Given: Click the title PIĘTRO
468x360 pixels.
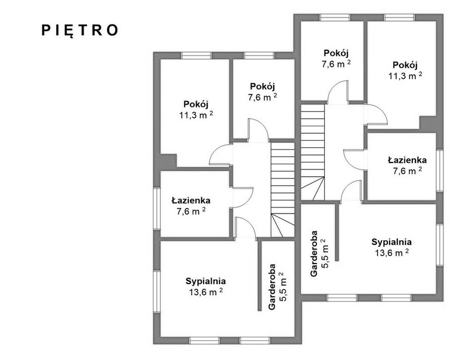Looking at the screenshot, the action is pyautogui.click(x=80, y=30).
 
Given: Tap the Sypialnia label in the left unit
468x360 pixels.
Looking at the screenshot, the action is pyautogui.click(x=206, y=281).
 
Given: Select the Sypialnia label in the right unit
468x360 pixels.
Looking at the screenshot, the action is pyautogui.click(x=391, y=242).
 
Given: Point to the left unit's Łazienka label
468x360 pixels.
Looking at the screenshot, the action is pyautogui.click(x=191, y=200).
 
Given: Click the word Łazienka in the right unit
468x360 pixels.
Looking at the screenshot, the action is pyautogui.click(x=407, y=160).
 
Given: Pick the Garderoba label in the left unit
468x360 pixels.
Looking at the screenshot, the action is pyautogui.click(x=272, y=287).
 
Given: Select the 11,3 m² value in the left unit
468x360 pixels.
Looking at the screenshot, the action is pyautogui.click(x=196, y=115).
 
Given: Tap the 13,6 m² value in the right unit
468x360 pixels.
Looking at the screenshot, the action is pyautogui.click(x=391, y=252).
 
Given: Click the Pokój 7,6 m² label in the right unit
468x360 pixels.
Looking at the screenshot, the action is pyautogui.click(x=336, y=58).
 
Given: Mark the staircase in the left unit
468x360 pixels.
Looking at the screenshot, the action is pyautogui.click(x=283, y=189).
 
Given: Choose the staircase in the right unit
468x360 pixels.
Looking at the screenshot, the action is pyautogui.click(x=312, y=152).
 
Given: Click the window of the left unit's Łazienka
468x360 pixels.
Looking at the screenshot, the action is pyautogui.click(x=157, y=209).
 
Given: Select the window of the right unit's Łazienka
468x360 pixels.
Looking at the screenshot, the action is pyautogui.click(x=440, y=171).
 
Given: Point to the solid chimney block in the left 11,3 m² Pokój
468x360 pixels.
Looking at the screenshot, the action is pyautogui.click(x=168, y=161).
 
